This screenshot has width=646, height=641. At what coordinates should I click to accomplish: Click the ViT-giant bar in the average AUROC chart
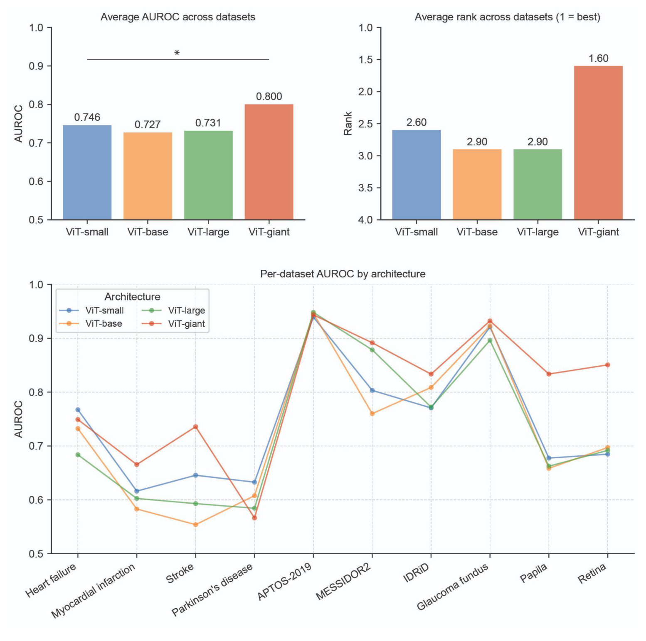coord(269,162)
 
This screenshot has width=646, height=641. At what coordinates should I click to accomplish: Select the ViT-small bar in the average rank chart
coord(416,175)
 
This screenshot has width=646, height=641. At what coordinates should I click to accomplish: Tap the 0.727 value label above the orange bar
coord(148,125)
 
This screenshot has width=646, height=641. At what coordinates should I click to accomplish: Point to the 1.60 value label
coord(598,59)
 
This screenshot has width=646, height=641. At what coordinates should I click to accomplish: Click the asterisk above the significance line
coord(177,53)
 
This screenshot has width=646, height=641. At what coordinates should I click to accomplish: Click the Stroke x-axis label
coord(180,573)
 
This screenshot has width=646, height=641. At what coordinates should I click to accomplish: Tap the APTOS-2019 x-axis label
coord(285,582)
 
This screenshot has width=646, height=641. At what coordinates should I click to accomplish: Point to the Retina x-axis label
coord(592,573)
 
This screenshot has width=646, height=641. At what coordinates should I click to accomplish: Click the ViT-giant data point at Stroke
coord(195,427)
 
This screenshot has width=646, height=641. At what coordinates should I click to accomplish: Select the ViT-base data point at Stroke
coord(195,525)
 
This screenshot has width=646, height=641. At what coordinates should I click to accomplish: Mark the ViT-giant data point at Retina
coord(607,365)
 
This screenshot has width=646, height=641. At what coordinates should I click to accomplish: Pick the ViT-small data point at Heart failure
coord(78,410)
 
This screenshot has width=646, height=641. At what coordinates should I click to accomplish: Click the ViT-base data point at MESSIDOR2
coord(372,413)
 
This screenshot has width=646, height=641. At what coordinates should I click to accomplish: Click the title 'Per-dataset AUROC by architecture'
coord(343,274)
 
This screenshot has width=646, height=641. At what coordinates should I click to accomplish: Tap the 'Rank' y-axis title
coord(348,123)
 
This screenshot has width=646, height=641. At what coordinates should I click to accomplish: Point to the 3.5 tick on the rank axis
coord(366,188)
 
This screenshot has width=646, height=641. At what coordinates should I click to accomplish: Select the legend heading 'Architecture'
coord(132,297)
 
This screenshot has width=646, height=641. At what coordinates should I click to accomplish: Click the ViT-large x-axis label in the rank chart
coord(538,232)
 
